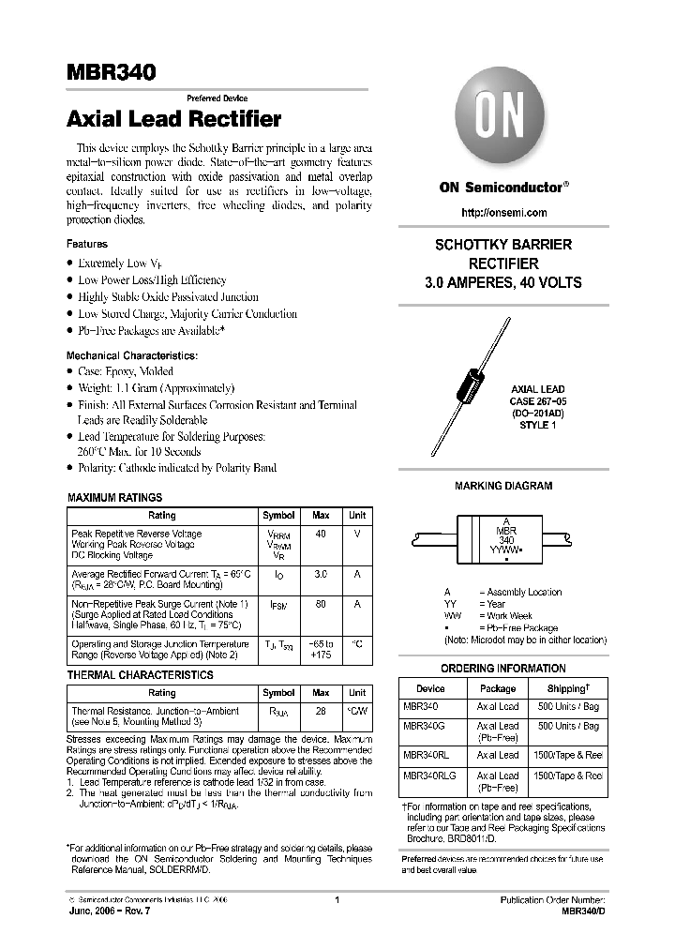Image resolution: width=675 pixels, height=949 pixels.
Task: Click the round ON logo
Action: click(x=502, y=120)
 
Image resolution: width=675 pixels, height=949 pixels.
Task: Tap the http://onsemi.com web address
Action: click(x=502, y=213)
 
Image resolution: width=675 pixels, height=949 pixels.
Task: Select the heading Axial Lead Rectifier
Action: click(x=173, y=120)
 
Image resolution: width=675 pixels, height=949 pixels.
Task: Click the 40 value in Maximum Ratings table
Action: click(x=321, y=534)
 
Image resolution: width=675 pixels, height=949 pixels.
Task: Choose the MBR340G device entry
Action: click(x=421, y=726)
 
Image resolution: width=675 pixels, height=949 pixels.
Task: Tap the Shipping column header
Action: click(x=565, y=687)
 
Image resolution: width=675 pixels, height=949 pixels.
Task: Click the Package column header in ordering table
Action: click(x=498, y=687)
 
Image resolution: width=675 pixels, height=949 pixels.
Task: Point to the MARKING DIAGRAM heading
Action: click(x=502, y=487)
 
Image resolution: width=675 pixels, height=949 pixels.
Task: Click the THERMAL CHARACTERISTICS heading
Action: click(x=140, y=675)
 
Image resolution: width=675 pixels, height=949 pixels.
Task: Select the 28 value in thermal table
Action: click(x=321, y=712)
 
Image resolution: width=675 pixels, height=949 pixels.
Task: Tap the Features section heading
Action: click(x=87, y=245)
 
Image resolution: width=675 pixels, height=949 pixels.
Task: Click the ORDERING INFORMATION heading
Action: click(x=502, y=669)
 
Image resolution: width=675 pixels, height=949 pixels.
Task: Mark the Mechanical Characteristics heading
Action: click(x=131, y=356)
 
